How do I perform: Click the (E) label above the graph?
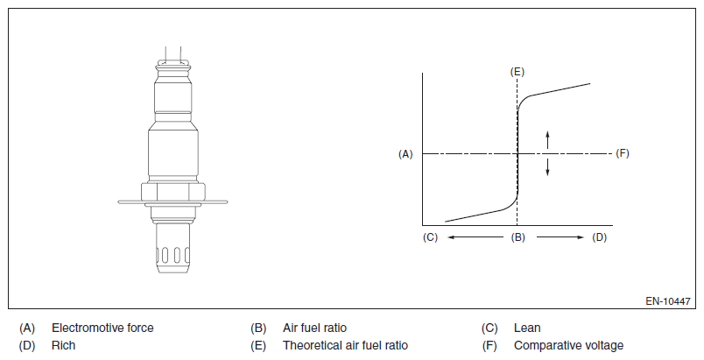click(517, 72)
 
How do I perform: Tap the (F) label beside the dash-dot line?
click(623, 153)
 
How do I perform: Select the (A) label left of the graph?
click(405, 154)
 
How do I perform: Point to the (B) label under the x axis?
click(517, 237)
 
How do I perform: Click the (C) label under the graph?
click(430, 237)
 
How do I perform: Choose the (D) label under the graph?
click(600, 237)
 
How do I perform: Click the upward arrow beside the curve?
click(547, 139)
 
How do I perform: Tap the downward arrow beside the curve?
click(547, 167)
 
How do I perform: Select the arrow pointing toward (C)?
click(475, 237)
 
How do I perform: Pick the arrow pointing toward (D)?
click(560, 237)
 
